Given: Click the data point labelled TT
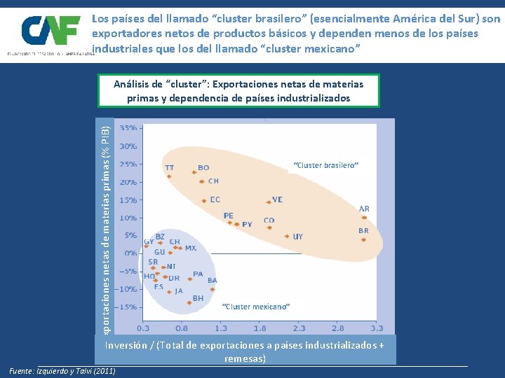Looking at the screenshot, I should (x=169, y=176).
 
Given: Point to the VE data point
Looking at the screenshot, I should (x=268, y=202).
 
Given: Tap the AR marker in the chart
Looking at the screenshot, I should (x=364, y=218).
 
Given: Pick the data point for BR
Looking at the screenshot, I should (x=363, y=239).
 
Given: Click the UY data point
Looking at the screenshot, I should (x=287, y=237).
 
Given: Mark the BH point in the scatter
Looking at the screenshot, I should (x=189, y=303).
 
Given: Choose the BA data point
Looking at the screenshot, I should (x=213, y=289).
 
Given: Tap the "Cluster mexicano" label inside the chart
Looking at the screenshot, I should (x=255, y=307).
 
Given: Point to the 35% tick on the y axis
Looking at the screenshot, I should (x=128, y=128).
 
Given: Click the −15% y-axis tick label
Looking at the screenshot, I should (x=127, y=307).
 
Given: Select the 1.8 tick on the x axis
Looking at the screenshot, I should (x=260, y=327).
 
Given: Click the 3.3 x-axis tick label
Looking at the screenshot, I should (x=377, y=327).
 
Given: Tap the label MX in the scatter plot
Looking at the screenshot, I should (x=190, y=248).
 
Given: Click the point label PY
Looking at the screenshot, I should (x=247, y=225).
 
